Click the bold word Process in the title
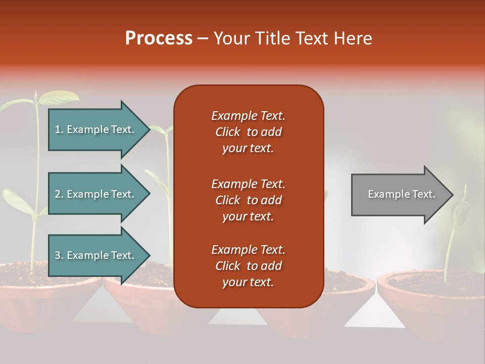(x=159, y=38)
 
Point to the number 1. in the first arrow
(x=59, y=129)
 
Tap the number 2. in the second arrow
(x=59, y=194)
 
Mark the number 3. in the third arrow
(x=59, y=255)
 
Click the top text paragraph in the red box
(x=248, y=132)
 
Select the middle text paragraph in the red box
(x=248, y=200)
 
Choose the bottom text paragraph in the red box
(x=248, y=266)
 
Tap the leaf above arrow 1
(x=58, y=97)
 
